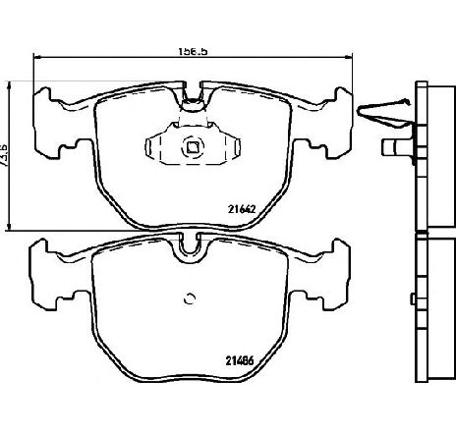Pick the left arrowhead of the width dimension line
pos(38,56)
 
